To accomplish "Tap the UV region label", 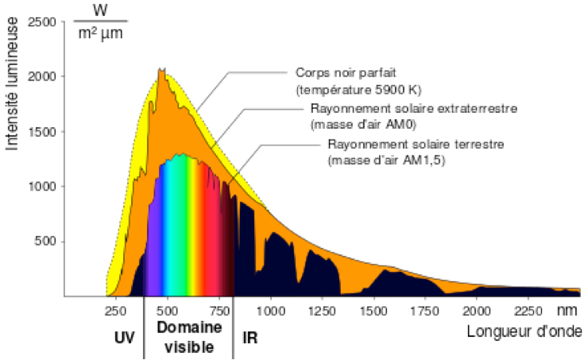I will click(x=125, y=337).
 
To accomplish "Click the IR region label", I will click(x=249, y=337).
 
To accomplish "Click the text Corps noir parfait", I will click(x=338, y=72).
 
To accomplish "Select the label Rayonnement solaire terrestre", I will click(x=404, y=144).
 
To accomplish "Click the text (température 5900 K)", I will click(x=346, y=87).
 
